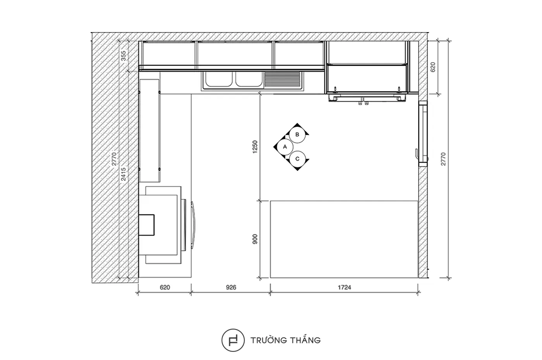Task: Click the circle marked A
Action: (285, 147)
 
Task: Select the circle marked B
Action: (297, 135)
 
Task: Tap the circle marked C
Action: (297, 159)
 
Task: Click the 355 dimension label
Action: (123, 56)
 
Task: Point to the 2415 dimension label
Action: (123, 174)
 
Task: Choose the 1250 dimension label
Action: (255, 147)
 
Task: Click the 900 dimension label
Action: (255, 239)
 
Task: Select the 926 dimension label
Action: (231, 287)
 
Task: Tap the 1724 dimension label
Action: (344, 287)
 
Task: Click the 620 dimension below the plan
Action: (165, 287)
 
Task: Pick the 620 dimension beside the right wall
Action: (433, 67)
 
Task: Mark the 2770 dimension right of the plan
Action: (443, 159)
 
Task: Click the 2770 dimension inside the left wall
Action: (114, 159)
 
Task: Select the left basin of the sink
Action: (218, 79)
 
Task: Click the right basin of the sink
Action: (249, 79)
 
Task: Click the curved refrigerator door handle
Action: (193, 225)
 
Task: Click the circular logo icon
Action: (233, 340)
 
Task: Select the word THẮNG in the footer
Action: (305, 340)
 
